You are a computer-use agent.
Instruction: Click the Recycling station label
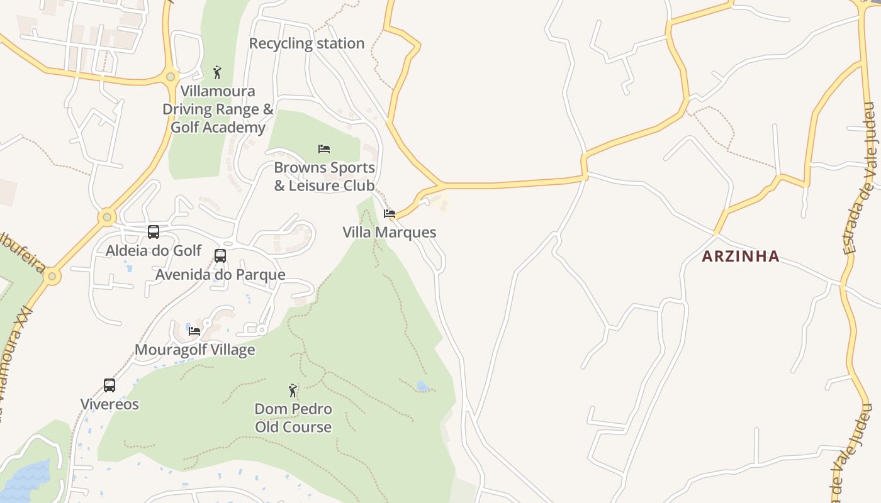point(306,43)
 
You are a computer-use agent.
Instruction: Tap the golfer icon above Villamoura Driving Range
point(217,72)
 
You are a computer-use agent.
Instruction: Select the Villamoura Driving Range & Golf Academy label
point(218,109)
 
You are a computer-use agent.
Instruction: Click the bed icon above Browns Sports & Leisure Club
point(324,149)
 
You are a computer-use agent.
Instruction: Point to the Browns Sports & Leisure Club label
point(324,177)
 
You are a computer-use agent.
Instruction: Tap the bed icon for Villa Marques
point(390,214)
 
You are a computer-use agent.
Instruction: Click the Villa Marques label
point(389,232)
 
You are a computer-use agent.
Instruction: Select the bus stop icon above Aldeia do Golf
point(154,232)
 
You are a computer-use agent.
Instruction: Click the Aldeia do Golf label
point(154,251)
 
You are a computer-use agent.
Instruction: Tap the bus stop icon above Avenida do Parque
point(220,256)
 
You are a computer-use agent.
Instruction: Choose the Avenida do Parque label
point(220,275)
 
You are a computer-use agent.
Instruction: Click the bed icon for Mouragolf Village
point(194,331)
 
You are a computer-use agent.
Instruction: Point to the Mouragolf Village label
point(195,350)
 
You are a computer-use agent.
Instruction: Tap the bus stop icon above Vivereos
point(109,385)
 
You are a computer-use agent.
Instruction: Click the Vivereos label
point(109,404)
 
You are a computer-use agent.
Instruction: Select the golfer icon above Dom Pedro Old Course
point(293,390)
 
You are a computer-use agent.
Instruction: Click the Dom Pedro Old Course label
point(293,418)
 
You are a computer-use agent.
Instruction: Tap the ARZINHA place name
point(741,256)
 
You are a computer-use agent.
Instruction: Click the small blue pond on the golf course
point(423,386)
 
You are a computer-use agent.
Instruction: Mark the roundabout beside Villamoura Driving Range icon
point(170,77)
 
